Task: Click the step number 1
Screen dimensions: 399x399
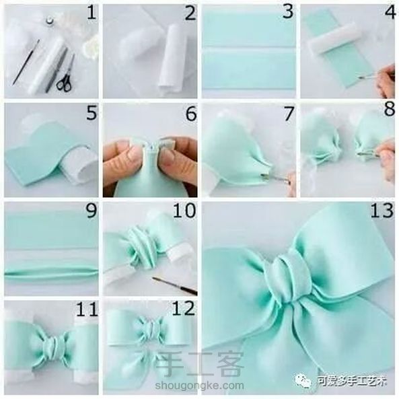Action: tap(92, 13)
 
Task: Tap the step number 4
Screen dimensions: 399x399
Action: tap(390, 13)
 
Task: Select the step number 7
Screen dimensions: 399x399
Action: tap(289, 114)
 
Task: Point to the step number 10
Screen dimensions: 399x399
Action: tap(184, 211)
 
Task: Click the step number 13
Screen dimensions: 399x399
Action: tap(382, 211)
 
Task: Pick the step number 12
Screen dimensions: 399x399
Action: tap(184, 309)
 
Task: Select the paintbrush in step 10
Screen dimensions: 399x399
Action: tap(174, 286)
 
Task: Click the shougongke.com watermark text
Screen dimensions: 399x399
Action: tap(199, 386)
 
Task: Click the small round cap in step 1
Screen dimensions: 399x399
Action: tap(49, 20)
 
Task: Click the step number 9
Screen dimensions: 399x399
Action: tap(92, 211)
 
